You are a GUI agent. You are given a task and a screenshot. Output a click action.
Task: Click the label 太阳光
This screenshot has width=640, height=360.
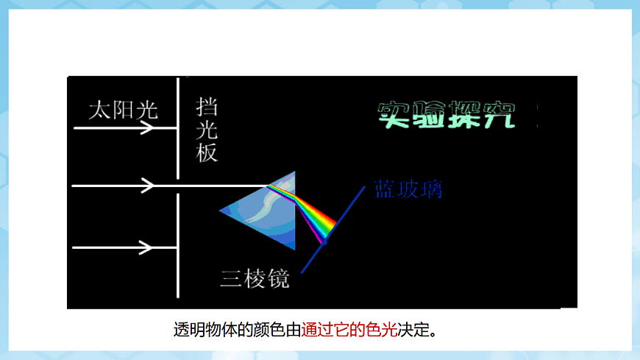click(x=123, y=110)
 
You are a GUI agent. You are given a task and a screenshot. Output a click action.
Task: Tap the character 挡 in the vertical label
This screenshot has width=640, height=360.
click(x=207, y=107)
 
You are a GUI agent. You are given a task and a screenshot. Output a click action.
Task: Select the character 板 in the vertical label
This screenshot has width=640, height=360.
click(x=207, y=152)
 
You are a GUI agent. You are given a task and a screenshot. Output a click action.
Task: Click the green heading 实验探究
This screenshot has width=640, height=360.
click(x=447, y=114)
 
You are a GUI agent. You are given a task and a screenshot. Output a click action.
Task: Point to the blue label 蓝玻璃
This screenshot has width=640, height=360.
click(x=408, y=189)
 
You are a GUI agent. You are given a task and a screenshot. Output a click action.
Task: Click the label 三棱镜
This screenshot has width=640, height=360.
click(x=255, y=279)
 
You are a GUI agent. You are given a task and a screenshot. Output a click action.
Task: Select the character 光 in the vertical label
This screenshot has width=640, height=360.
click(x=207, y=130)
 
